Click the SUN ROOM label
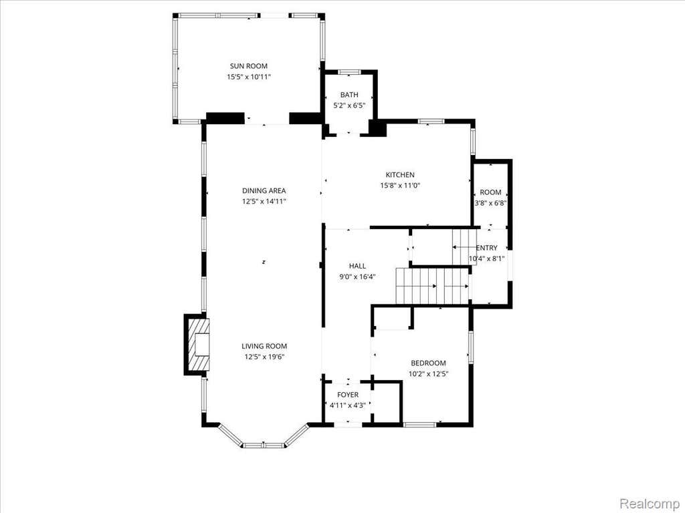click(249, 66)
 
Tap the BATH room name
click(349, 95)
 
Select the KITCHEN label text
click(400, 175)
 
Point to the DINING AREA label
click(264, 190)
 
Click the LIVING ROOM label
click(264, 347)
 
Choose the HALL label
click(357, 266)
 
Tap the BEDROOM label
click(428, 363)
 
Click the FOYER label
click(348, 395)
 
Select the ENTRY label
click(487, 248)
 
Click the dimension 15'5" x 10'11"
click(249, 77)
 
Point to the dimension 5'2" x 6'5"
click(349, 106)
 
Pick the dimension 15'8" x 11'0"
click(400, 186)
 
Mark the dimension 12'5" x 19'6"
click(264, 357)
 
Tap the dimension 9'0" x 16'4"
click(357, 277)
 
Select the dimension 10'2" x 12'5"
click(429, 374)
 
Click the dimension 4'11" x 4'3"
click(348, 405)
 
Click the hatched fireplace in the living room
click(197, 344)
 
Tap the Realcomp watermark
click(651, 504)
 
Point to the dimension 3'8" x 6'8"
click(490, 203)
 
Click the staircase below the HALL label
click(433, 286)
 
